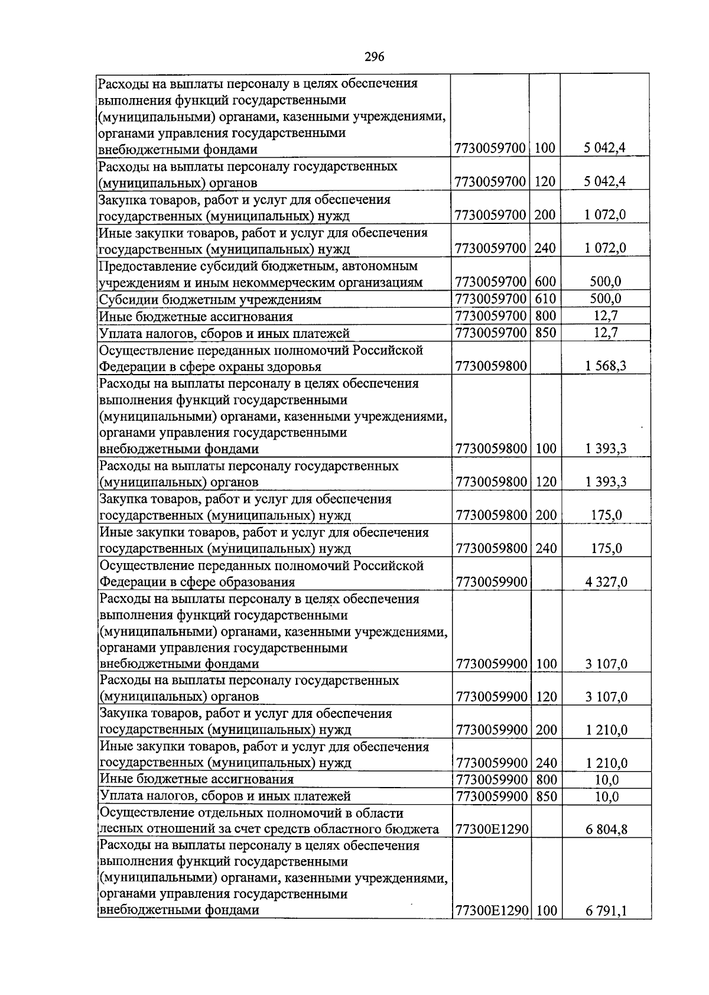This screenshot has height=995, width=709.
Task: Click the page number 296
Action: coord(375,57)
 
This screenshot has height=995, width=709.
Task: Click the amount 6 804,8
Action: coord(606,830)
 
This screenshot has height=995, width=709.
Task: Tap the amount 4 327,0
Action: coord(606,582)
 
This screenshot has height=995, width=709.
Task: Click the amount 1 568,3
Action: coord(606,366)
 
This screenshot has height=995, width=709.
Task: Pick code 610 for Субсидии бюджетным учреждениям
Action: coord(545,299)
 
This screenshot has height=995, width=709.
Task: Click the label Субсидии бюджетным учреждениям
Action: coord(210,300)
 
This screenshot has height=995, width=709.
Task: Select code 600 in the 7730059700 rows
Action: coord(545,282)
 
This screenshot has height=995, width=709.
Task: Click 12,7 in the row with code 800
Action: coord(606,316)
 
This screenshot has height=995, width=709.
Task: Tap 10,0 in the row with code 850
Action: coord(606,796)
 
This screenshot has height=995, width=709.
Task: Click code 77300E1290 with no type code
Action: coord(491,830)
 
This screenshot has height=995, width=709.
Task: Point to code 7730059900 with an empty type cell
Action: coord(491,582)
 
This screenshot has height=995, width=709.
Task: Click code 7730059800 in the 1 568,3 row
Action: coord(491,366)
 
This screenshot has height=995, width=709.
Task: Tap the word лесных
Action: coord(119,830)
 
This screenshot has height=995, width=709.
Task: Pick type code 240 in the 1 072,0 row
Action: coord(545,248)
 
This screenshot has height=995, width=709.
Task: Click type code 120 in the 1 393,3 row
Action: coord(545,482)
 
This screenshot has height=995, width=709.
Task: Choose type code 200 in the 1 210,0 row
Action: coord(545,730)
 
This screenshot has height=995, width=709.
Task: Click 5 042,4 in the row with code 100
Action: coord(606,148)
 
